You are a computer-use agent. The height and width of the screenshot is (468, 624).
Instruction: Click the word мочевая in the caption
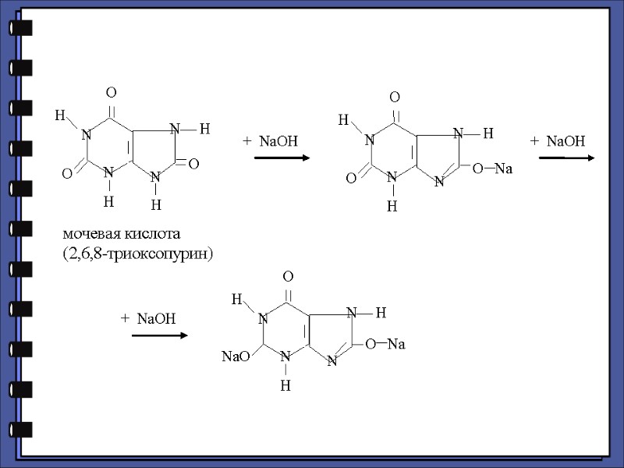[90, 234]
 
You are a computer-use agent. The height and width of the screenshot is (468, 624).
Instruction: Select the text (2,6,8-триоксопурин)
[138, 254]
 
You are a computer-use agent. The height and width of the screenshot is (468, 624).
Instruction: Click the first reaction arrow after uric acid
[282, 158]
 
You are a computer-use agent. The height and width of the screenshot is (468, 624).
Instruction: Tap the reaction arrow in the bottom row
[160, 335]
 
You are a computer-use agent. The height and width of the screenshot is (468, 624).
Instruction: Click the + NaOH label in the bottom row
[148, 318]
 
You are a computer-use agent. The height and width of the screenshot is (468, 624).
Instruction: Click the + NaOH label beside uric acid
[270, 140]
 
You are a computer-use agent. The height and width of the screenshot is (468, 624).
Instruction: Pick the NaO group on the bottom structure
[236, 356]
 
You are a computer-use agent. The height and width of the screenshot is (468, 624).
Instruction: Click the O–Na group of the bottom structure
[385, 343]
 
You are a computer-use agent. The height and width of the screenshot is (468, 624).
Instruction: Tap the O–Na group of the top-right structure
[491, 168]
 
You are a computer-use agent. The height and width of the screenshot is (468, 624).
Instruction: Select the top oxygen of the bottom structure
[288, 277]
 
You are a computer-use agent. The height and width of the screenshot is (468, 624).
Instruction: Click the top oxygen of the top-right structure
[395, 97]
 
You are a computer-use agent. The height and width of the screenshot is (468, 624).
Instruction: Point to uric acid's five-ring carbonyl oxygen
[193, 164]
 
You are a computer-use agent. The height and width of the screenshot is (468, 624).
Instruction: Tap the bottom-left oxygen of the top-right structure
[351, 179]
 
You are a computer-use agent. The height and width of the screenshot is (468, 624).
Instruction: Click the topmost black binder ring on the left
[21, 28]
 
